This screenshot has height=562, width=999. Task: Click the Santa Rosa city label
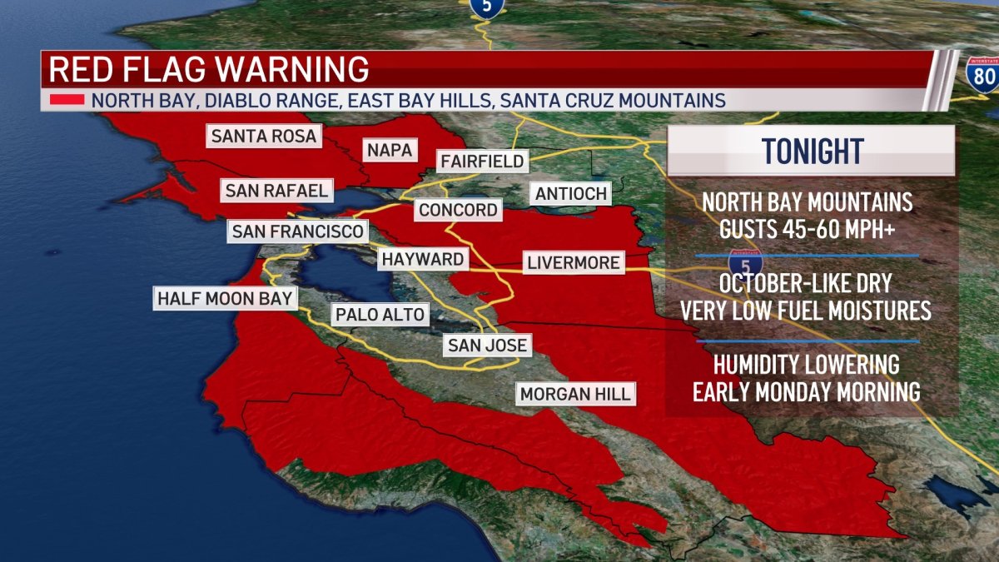coord(264,136)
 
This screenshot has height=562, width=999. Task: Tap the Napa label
coord(389,150)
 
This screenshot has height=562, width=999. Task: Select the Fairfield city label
coord(482,161)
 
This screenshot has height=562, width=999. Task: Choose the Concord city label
coord(458,209)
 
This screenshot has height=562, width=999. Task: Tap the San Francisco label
coord(297,231)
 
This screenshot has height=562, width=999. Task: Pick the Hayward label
coord(422,259)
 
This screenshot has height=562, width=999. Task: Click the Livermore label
coord(573,263)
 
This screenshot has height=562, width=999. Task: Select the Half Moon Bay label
coord(225,297)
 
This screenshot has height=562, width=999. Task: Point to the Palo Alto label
coord(380,314)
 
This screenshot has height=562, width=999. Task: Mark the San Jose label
coord(485,345)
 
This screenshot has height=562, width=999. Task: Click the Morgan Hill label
coord(575,393)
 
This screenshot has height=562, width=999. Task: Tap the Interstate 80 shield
coord(982,74)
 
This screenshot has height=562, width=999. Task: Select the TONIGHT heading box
coord(812,152)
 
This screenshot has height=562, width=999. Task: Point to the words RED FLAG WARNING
coord(208,69)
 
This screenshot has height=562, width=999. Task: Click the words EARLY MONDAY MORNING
coord(806,391)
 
